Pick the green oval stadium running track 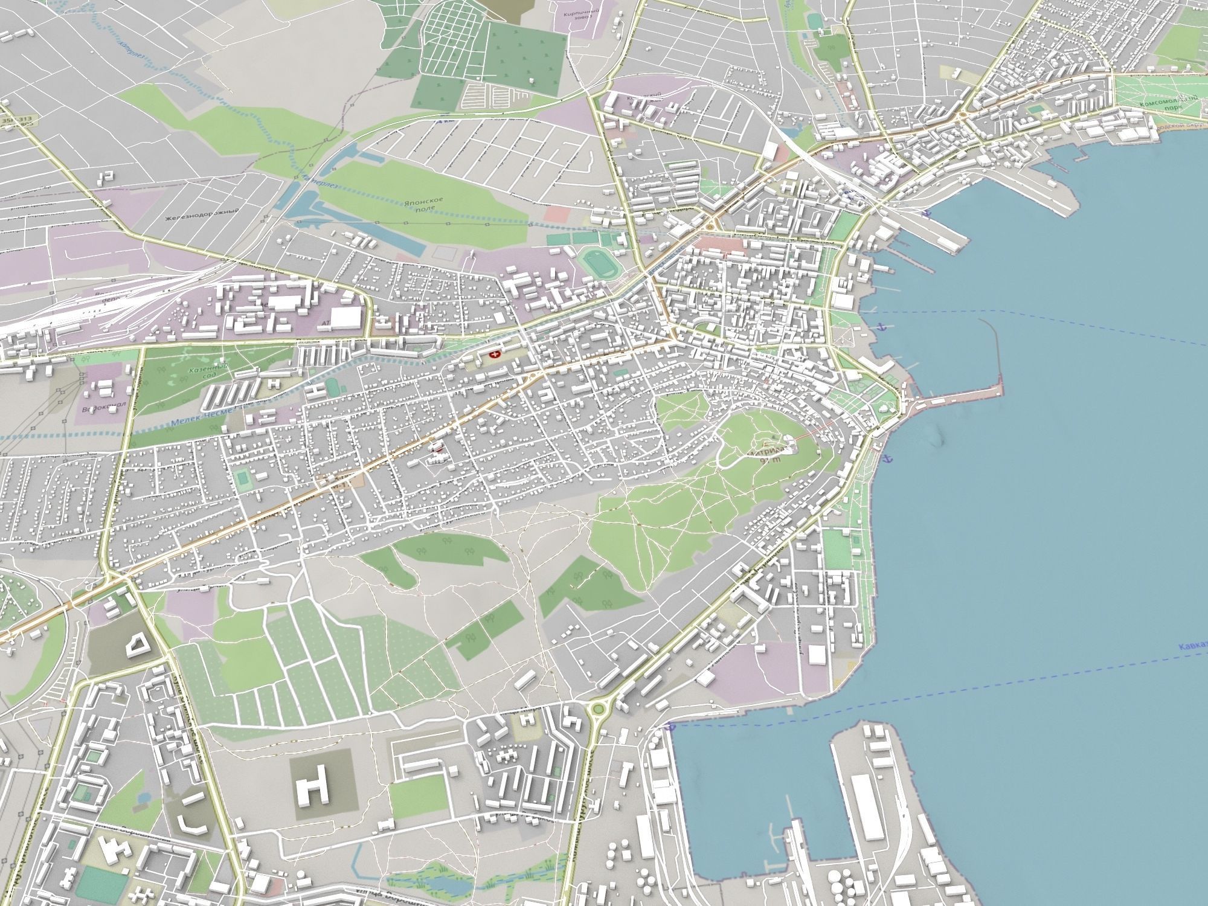(597, 264)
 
